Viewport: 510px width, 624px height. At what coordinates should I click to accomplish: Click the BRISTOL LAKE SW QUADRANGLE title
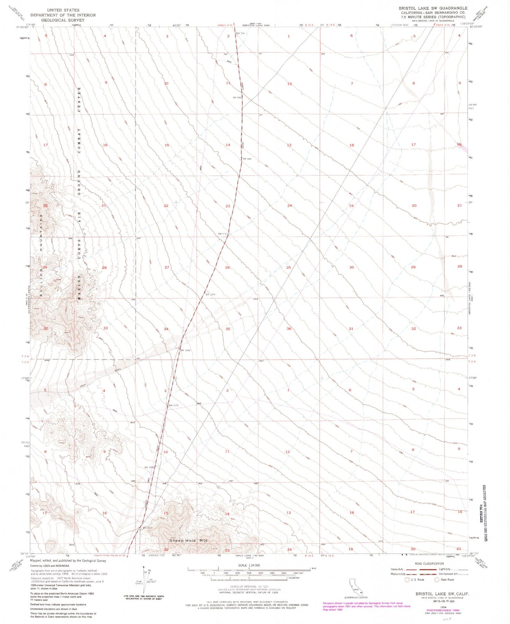(433, 8)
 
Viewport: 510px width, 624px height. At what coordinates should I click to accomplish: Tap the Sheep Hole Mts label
(188, 540)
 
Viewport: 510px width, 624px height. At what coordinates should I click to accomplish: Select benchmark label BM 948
(247, 159)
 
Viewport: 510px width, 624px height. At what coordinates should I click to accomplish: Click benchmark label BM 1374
(210, 295)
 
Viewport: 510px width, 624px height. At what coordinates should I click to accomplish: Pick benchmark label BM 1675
(174, 405)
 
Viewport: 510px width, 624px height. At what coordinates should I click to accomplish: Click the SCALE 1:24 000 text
(249, 565)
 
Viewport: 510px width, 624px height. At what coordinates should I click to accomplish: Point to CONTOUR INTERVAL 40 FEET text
(249, 586)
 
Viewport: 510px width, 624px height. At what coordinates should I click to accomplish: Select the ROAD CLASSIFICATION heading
(429, 564)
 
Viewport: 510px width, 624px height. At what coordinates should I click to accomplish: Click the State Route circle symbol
(437, 580)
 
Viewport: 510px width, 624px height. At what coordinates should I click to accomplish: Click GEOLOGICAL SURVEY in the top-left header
(63, 20)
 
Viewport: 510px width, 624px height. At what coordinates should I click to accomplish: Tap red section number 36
(289, 329)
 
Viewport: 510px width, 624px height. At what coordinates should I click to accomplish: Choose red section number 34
(166, 329)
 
